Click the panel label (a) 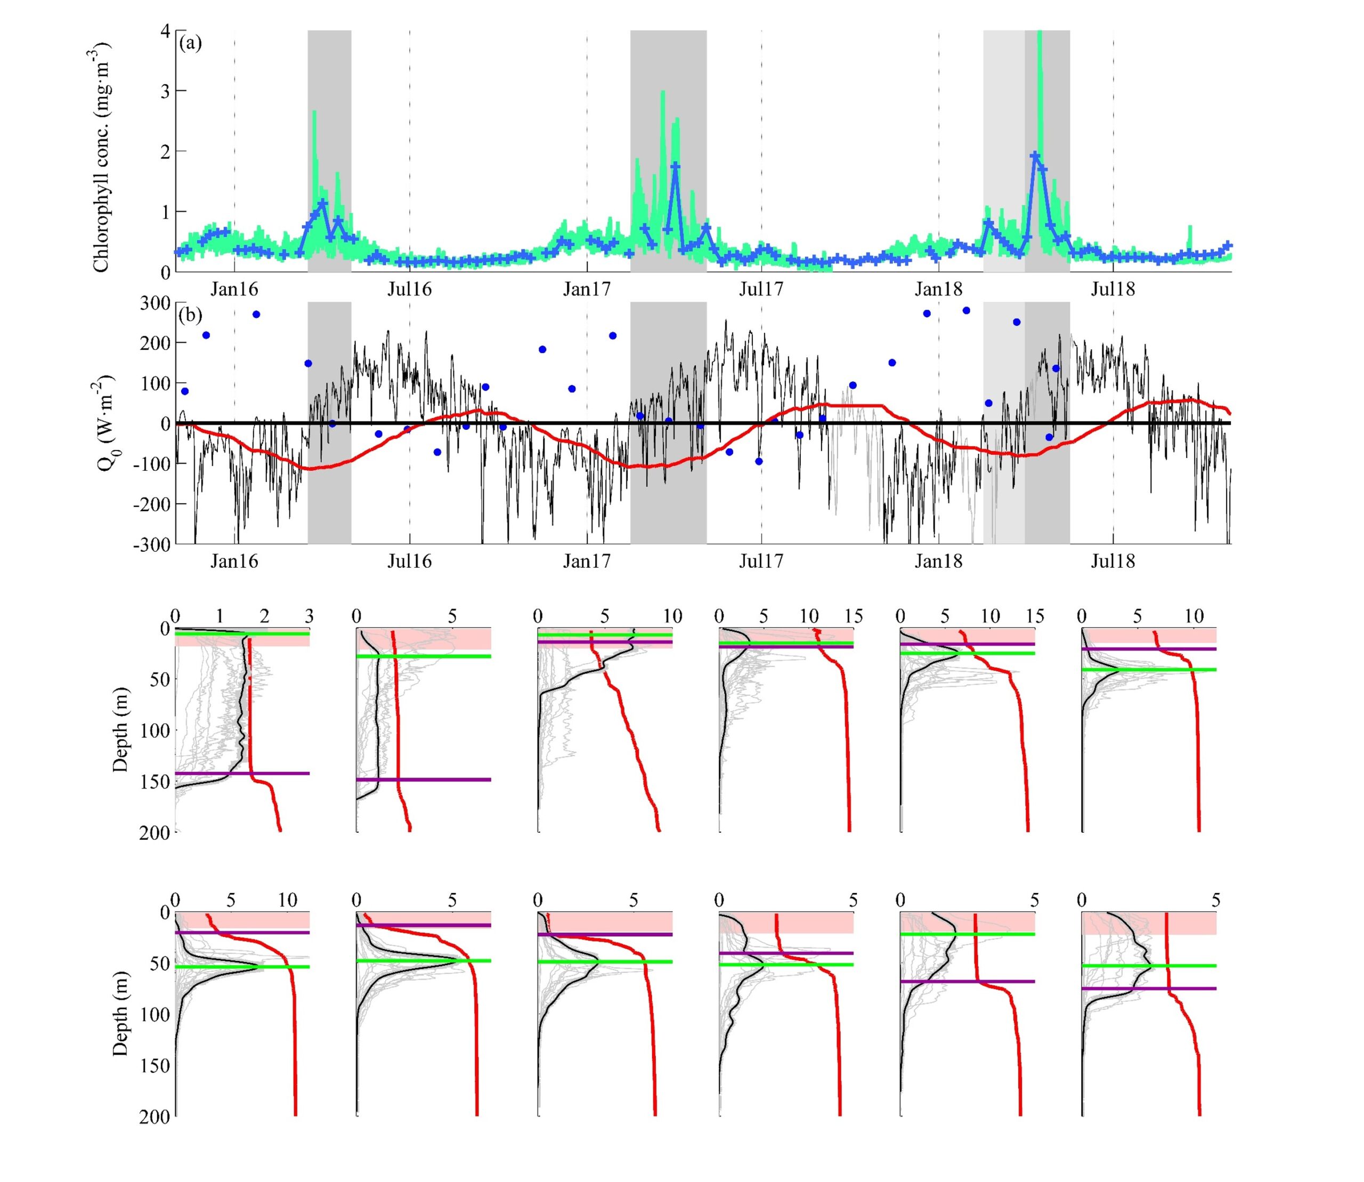point(191,44)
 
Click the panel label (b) point(191,315)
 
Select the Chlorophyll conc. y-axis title point(101,157)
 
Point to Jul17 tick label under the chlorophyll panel point(761,289)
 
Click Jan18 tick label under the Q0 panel point(938,561)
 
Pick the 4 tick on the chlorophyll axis point(165,31)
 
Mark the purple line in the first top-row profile point(242,773)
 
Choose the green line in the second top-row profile point(423,656)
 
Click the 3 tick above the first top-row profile point(309,617)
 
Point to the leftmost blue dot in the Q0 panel point(184,391)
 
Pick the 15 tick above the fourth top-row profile point(853,617)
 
